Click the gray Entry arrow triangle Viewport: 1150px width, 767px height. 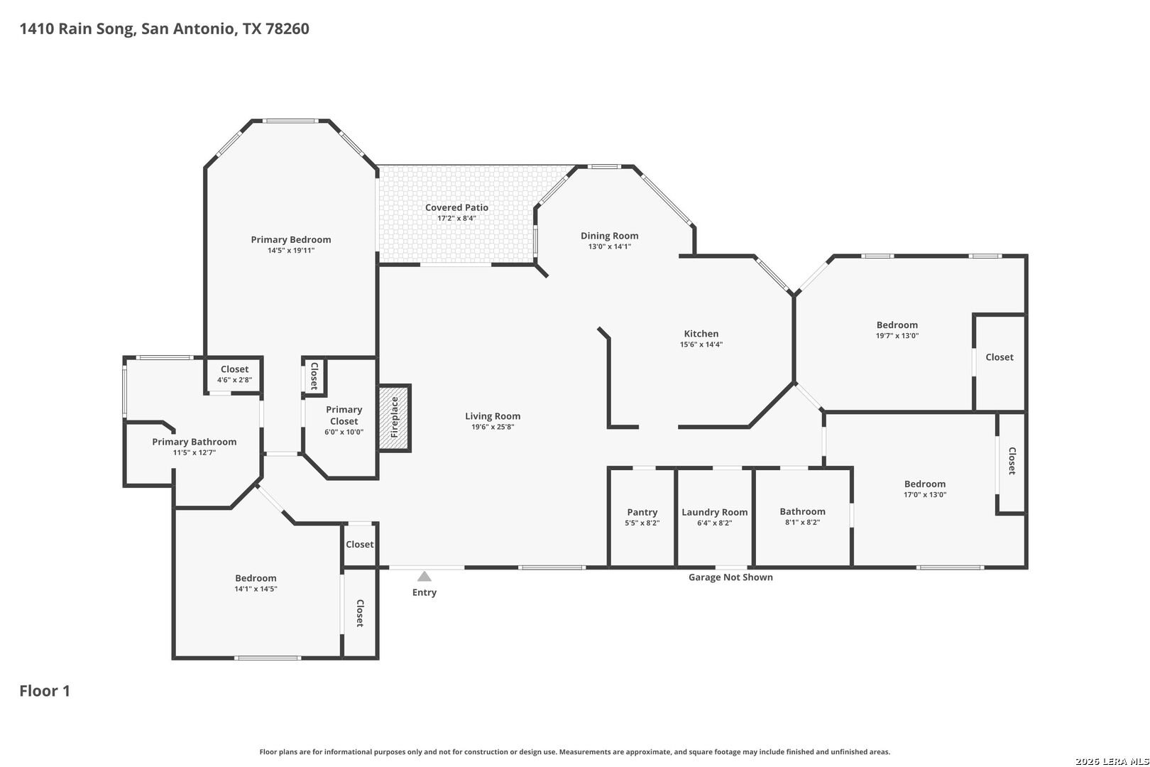[424, 577]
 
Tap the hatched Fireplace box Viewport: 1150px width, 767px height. [394, 418]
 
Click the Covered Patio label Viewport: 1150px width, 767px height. [456, 207]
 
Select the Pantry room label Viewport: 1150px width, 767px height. [642, 512]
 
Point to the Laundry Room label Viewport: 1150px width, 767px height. [715, 512]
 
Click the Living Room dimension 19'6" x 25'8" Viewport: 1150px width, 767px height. [493, 427]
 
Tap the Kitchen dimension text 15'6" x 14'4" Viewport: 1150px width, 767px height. [701, 344]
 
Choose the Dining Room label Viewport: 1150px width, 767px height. [609, 236]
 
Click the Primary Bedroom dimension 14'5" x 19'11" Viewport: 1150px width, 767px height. [291, 251]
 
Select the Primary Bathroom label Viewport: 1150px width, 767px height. [194, 442]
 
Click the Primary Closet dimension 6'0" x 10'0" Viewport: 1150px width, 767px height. [344, 432]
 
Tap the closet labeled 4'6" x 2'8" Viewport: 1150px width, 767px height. [235, 374]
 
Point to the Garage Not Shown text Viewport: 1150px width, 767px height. [730, 577]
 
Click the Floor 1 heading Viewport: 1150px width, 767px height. [45, 691]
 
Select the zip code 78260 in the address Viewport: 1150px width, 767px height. [287, 29]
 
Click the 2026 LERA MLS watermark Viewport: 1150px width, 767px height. [1112, 761]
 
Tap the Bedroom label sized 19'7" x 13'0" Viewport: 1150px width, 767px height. [897, 325]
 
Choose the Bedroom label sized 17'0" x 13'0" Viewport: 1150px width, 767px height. [925, 484]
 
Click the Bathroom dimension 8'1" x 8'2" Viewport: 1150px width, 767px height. [802, 523]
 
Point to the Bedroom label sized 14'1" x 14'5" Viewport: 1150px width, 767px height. [256, 579]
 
